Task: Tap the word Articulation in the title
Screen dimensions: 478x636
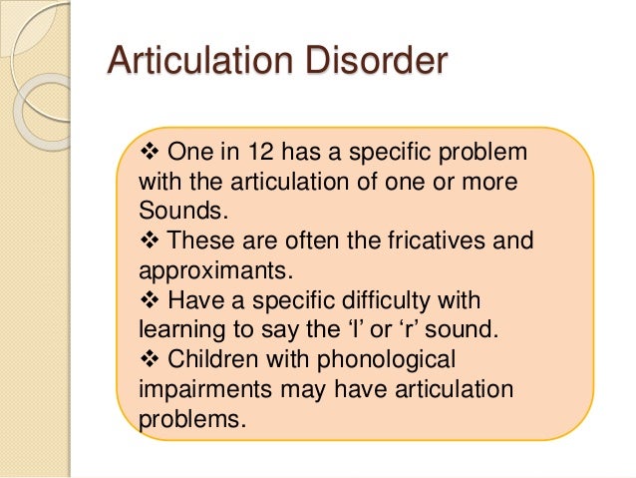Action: click(193, 63)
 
